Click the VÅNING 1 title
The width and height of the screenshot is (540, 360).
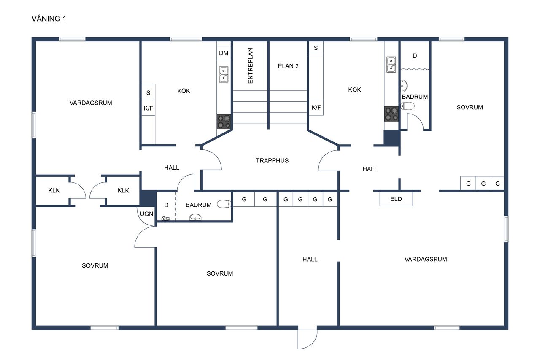(49, 19)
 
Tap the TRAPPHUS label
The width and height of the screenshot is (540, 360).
(272, 161)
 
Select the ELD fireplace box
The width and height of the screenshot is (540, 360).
(396, 199)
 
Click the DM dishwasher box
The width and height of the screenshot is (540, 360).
(224, 53)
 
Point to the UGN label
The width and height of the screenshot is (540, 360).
(146, 214)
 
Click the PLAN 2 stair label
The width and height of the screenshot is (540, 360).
(288, 66)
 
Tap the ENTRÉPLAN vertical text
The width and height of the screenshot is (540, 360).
(251, 65)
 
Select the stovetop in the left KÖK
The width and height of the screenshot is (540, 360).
(224, 122)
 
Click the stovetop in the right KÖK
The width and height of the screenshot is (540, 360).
(391, 114)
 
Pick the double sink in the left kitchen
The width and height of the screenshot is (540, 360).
(224, 75)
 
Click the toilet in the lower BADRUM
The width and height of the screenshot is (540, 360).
(224, 204)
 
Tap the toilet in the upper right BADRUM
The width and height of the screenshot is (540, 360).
(408, 106)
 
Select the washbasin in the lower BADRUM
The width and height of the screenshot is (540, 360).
(195, 217)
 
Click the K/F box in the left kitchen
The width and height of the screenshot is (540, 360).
(148, 108)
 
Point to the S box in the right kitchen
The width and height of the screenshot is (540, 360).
(316, 48)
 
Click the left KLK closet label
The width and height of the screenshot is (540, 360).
(54, 190)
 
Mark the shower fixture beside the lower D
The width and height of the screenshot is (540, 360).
(166, 219)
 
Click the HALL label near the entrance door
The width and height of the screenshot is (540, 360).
(310, 259)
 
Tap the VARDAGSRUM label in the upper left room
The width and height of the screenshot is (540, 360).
(91, 103)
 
